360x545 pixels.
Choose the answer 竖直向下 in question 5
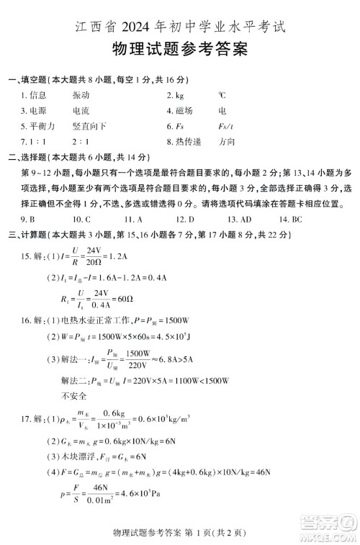pos(89,127)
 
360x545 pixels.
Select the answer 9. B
pos(29,219)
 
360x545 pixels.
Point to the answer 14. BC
pos(291,219)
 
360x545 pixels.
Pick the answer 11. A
pos(133,219)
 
